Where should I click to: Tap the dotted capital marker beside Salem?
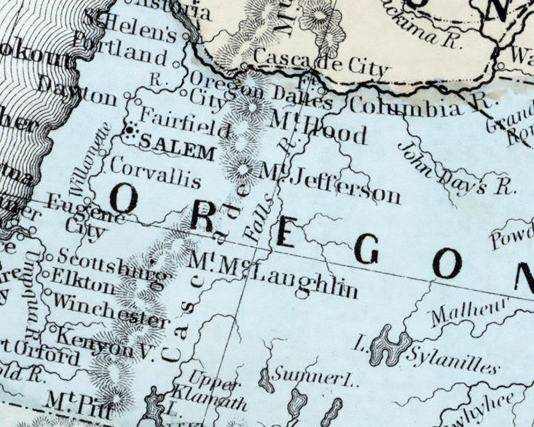(x=130, y=129)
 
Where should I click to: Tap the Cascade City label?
(x=321, y=64)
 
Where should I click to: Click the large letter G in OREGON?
(x=366, y=249)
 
